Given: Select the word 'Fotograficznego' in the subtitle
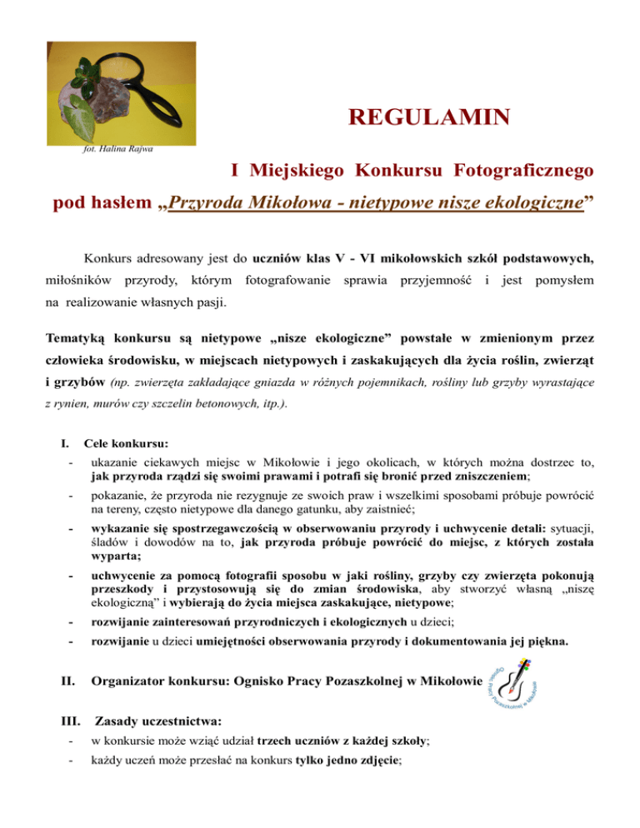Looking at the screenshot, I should pos(523,172).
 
